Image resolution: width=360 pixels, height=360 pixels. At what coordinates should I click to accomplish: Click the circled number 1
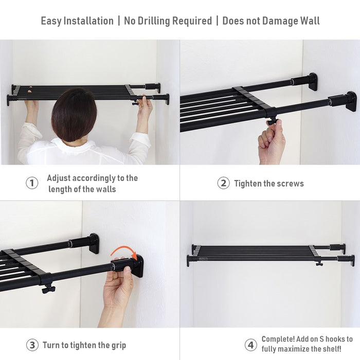point(32,183)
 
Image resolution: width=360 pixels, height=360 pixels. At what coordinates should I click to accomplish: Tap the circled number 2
point(223,183)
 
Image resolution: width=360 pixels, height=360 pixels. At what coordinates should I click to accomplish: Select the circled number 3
point(32,345)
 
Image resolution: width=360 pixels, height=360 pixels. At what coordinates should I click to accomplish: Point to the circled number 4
point(250,345)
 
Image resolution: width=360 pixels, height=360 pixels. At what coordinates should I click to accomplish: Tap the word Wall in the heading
point(307,21)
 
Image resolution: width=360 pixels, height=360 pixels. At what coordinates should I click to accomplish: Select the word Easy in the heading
point(51,21)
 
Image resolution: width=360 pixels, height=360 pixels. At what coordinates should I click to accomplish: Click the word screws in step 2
point(291,184)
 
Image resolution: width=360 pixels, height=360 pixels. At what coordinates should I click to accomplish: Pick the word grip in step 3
point(117,345)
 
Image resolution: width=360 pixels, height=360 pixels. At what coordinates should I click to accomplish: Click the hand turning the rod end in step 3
point(118,288)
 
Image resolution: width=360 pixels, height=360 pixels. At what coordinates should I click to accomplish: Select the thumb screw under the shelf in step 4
point(319,263)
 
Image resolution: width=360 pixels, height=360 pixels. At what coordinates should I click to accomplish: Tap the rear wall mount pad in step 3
point(94,243)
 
